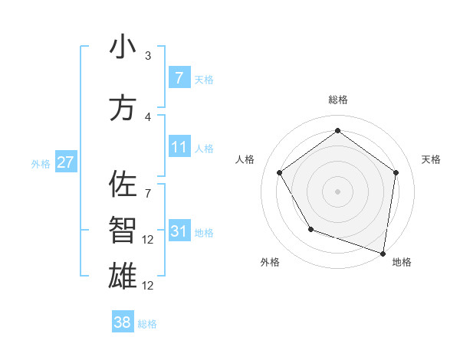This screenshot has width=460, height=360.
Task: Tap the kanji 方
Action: click(x=122, y=108)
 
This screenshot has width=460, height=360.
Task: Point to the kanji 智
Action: click(x=122, y=230)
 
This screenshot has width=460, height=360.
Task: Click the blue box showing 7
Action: click(x=179, y=78)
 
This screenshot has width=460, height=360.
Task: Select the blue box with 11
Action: click(x=179, y=147)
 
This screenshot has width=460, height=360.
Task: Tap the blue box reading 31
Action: click(x=179, y=231)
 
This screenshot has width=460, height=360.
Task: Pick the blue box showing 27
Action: click(x=65, y=162)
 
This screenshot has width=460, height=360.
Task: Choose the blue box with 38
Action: click(x=122, y=322)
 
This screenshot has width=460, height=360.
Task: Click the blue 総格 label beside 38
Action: click(x=148, y=324)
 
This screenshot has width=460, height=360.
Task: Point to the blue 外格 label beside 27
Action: click(x=41, y=164)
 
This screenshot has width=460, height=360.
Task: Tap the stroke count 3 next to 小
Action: click(x=148, y=55)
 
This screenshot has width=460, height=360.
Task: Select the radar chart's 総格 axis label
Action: click(x=337, y=100)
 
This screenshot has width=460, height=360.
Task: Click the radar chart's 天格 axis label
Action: click(x=431, y=159)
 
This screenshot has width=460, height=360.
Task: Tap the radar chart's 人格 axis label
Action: click(x=245, y=159)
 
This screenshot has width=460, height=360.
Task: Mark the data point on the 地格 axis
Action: click(x=383, y=253)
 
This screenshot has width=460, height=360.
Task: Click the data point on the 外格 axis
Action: click(x=310, y=229)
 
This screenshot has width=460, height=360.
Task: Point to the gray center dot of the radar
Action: click(x=337, y=191)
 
